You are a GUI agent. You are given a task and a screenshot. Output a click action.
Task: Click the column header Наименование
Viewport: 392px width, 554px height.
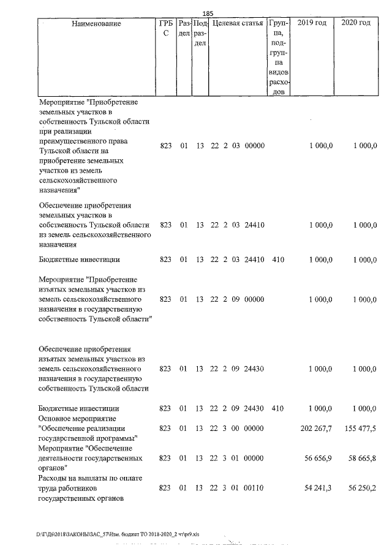click(96, 23)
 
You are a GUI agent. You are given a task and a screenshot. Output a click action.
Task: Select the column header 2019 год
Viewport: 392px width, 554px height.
click(311, 23)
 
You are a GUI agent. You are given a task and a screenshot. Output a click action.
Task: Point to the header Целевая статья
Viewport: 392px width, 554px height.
click(238, 23)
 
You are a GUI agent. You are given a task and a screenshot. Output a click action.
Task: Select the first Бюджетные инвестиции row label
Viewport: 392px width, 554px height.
click(78, 260)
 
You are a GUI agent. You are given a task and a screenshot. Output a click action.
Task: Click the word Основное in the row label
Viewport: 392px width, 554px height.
click(56, 418)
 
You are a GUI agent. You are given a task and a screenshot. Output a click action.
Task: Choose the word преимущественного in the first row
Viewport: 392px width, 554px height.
click(73, 140)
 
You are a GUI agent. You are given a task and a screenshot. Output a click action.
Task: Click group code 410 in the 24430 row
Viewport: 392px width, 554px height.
click(277, 408)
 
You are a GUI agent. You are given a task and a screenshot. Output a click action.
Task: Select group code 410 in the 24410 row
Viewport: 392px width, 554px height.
click(277, 260)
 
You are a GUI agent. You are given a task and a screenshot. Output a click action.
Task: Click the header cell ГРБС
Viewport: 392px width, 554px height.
click(165, 28)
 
